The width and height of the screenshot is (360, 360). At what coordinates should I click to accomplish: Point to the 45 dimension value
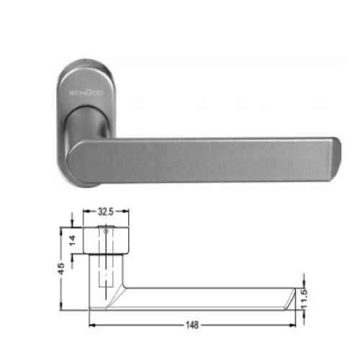[x=62, y=268]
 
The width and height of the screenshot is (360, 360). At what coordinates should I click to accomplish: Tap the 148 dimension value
[x=192, y=325]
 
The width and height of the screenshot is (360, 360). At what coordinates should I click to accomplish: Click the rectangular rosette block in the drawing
[x=108, y=240]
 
